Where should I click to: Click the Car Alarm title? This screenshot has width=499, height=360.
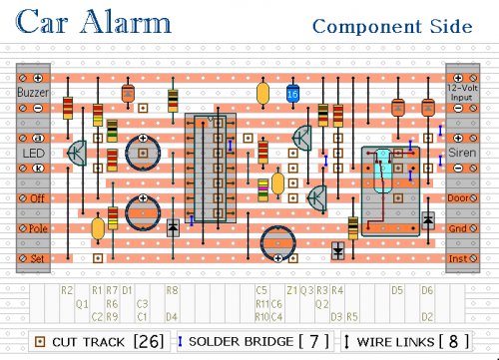pyautogui.click(x=94, y=21)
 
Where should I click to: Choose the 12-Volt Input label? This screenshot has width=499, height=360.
pyautogui.click(x=462, y=92)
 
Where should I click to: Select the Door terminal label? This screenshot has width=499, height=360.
pyautogui.click(x=460, y=198)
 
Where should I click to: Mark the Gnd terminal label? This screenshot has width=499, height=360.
pyautogui.click(x=460, y=228)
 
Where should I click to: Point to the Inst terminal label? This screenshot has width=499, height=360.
pyautogui.click(x=460, y=258)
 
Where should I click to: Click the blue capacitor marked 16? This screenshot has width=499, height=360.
pyautogui.click(x=292, y=94)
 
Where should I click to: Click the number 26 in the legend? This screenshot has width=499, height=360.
pyautogui.click(x=148, y=341)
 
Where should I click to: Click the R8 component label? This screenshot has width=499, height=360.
pyautogui.click(x=171, y=290)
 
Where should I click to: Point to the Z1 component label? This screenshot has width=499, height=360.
pyautogui.click(x=291, y=290)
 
